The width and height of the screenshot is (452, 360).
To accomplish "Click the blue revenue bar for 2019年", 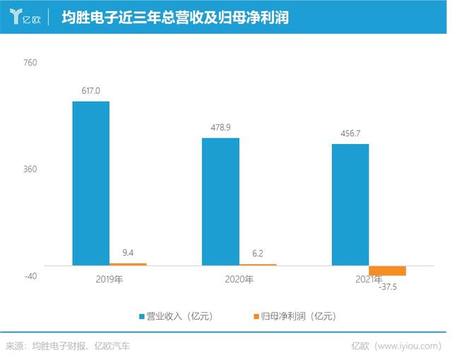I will click(90, 184).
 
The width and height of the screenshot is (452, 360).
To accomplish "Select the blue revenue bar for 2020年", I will click(220, 202).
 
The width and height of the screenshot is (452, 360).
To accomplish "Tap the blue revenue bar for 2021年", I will click(350, 205).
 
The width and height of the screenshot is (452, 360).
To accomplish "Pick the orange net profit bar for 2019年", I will click(128, 264).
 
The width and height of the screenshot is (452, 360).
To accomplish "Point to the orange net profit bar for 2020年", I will click(258, 265).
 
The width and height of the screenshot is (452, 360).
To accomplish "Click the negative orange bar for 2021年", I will click(388, 271).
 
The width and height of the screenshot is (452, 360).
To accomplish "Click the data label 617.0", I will click(91, 91).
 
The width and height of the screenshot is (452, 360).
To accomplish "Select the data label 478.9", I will click(220, 128).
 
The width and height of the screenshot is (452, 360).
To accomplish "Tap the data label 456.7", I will click(350, 133).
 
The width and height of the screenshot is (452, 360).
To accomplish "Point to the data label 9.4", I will click(128, 252).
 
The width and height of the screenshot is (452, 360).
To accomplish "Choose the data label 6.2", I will click(258, 253).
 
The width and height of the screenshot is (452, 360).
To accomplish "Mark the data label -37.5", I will click(389, 286).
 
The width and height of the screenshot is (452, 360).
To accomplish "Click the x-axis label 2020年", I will click(239, 280).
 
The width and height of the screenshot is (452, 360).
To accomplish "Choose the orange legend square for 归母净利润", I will click(255, 316).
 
